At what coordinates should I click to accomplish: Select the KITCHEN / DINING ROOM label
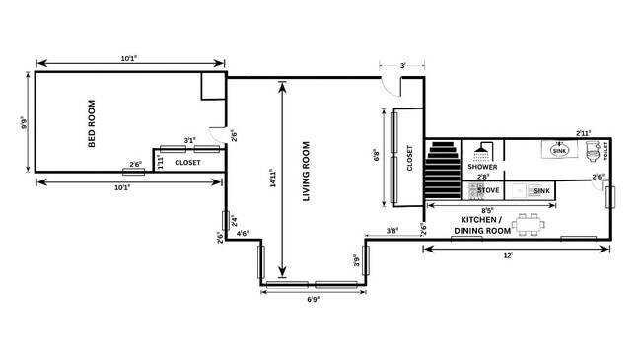[483, 225]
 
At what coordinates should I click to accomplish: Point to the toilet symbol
[593, 151]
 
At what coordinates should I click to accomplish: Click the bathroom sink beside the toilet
[559, 150]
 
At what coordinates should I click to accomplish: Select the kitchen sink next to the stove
[540, 189]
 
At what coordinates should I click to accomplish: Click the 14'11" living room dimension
[273, 179]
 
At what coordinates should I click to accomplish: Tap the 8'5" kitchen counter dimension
[487, 209]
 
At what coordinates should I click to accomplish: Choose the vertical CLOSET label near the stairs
[409, 158]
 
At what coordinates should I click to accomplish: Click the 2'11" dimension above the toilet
[585, 131]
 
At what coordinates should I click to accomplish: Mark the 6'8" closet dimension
[377, 157]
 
